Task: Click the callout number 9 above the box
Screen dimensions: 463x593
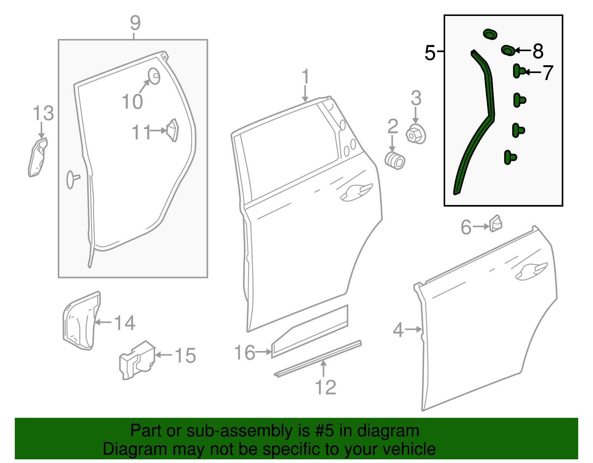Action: point(135,23)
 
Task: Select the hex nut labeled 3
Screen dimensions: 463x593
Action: point(416,134)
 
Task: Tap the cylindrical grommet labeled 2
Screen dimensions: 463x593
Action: point(395,161)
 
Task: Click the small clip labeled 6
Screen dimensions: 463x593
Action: point(496,224)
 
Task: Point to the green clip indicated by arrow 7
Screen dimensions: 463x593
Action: point(519,71)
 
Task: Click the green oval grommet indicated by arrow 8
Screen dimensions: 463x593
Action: point(508,50)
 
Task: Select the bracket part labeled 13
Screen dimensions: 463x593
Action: point(37,157)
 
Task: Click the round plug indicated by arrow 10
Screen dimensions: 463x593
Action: point(154,76)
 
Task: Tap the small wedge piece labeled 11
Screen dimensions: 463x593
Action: point(173,130)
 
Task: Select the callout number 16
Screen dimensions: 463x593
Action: point(245,353)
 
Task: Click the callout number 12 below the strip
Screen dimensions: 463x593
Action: point(325,387)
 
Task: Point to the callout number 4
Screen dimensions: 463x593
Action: point(398,330)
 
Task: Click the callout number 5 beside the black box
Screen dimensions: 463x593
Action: point(430,52)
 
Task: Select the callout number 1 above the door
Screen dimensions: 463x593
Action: point(305,77)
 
